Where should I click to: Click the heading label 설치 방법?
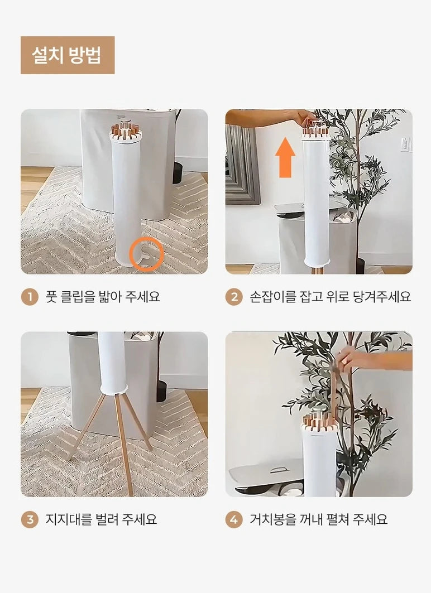pyautogui.click(x=68, y=55)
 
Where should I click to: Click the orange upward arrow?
pyautogui.click(x=285, y=157)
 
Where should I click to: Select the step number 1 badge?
pyautogui.click(x=30, y=297)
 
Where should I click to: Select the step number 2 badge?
pyautogui.click(x=234, y=297)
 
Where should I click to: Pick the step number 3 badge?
pyautogui.click(x=30, y=519)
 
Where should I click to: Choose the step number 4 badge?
pyautogui.click(x=234, y=519)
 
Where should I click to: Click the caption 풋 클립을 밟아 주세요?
pyautogui.click(x=103, y=297)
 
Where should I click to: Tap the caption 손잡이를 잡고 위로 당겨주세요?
pyautogui.click(x=331, y=297)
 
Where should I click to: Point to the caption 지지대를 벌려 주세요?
pyautogui.click(x=101, y=519)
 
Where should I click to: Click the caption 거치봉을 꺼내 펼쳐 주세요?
pyautogui.click(x=319, y=519)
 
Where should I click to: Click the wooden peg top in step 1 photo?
pyautogui.click(x=126, y=130)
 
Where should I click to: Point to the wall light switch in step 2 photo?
pyautogui.click(x=405, y=144)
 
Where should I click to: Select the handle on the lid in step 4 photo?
pyautogui.click(x=279, y=470)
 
